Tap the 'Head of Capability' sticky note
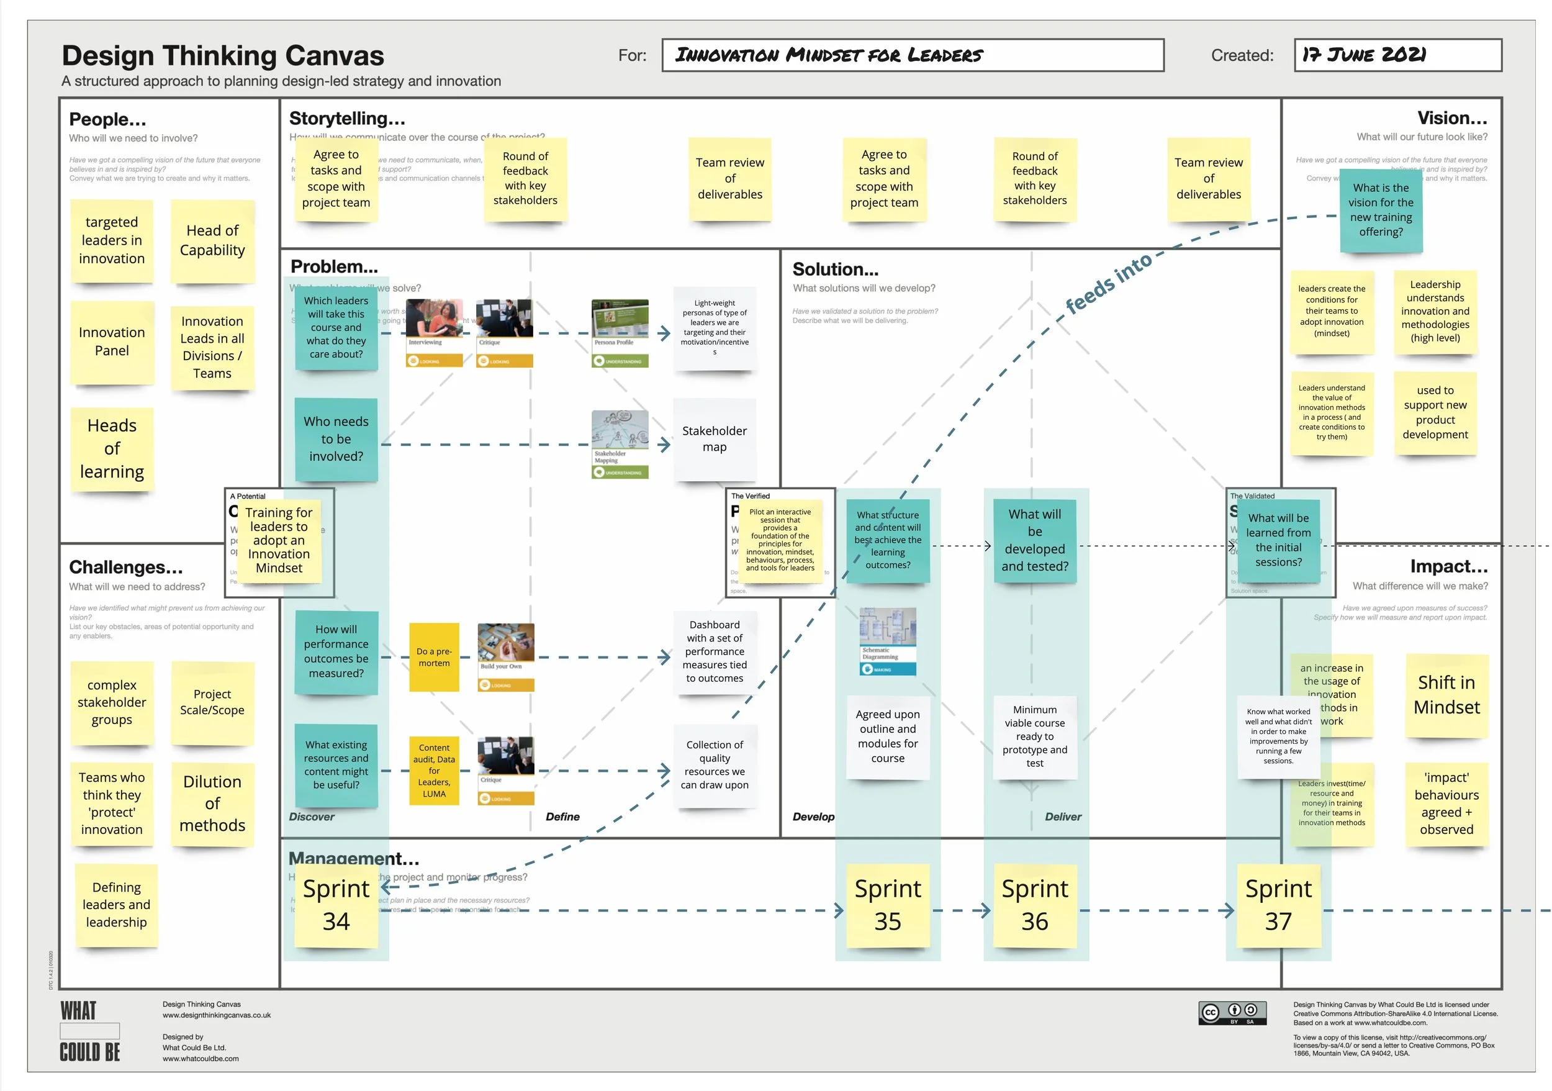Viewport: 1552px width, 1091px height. tap(212, 241)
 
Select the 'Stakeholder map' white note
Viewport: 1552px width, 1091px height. tap(715, 439)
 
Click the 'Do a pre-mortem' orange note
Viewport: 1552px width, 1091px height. tap(434, 657)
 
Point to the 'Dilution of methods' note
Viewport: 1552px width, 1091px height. tap(212, 804)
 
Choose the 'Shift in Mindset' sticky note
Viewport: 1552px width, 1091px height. tap(1446, 695)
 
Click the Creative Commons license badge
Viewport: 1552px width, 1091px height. tap(1232, 1012)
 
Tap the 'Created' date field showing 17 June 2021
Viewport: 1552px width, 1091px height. tap(1397, 55)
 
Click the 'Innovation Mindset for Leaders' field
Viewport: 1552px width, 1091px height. tap(913, 55)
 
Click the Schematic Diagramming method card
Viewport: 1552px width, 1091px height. tap(888, 641)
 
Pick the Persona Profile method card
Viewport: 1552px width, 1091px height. tap(620, 333)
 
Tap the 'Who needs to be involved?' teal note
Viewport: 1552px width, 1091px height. tap(336, 439)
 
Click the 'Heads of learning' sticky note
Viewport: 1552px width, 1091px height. tap(112, 449)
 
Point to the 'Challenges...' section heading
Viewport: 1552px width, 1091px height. tap(126, 566)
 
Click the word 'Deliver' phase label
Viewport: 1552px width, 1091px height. tap(1063, 817)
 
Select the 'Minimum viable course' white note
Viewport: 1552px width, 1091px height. tap(1034, 736)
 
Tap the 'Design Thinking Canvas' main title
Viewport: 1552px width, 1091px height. tap(223, 55)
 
